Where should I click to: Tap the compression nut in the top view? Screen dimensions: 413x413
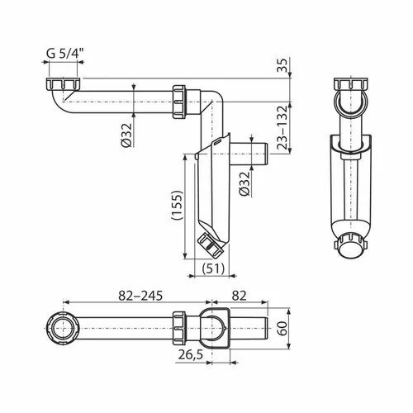click(x=183, y=330)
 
